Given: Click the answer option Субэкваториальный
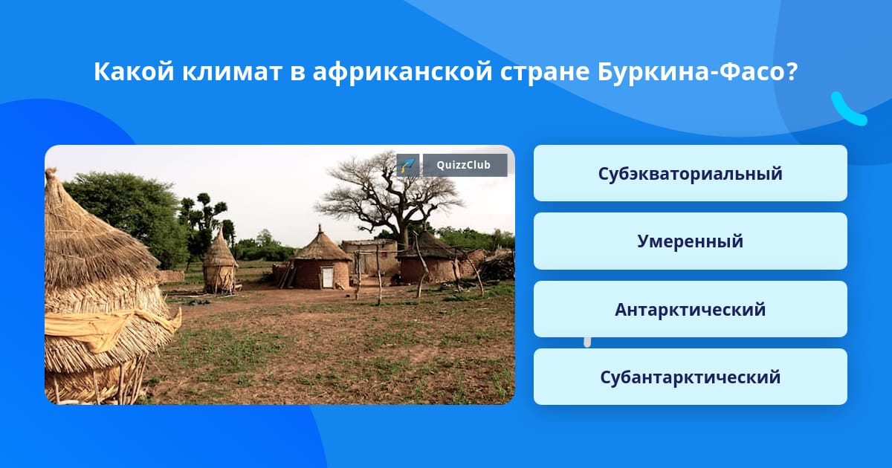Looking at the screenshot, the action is [x=690, y=173].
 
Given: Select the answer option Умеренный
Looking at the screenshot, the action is [x=690, y=241].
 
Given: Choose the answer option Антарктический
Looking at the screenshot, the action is [x=690, y=309].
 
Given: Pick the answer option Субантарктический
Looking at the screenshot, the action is [x=690, y=377].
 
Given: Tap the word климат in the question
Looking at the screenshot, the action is [x=232, y=72].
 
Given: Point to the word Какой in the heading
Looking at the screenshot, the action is [x=134, y=71].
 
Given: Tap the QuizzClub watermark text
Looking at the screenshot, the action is [x=464, y=165].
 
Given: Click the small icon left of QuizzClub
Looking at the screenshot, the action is [x=408, y=165].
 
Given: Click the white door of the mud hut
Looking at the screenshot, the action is [x=327, y=277].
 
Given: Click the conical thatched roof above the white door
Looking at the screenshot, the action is [x=322, y=244].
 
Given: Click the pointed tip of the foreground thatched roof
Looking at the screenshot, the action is [x=51, y=171].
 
